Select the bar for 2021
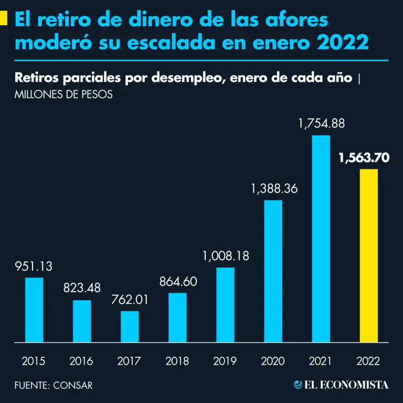click(321, 239)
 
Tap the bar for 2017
click(130, 326)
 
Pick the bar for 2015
click(34, 310)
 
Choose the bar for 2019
click(225, 305)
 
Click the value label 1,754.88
click(321, 124)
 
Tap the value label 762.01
click(130, 300)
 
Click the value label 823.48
click(82, 288)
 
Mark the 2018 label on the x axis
click(177, 361)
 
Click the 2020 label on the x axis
click(273, 361)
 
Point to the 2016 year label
click(82, 361)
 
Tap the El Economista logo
click(341, 385)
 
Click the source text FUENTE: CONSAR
click(54, 385)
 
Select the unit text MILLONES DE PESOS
click(64, 96)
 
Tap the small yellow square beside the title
click(4, 19)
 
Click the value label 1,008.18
click(226, 257)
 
